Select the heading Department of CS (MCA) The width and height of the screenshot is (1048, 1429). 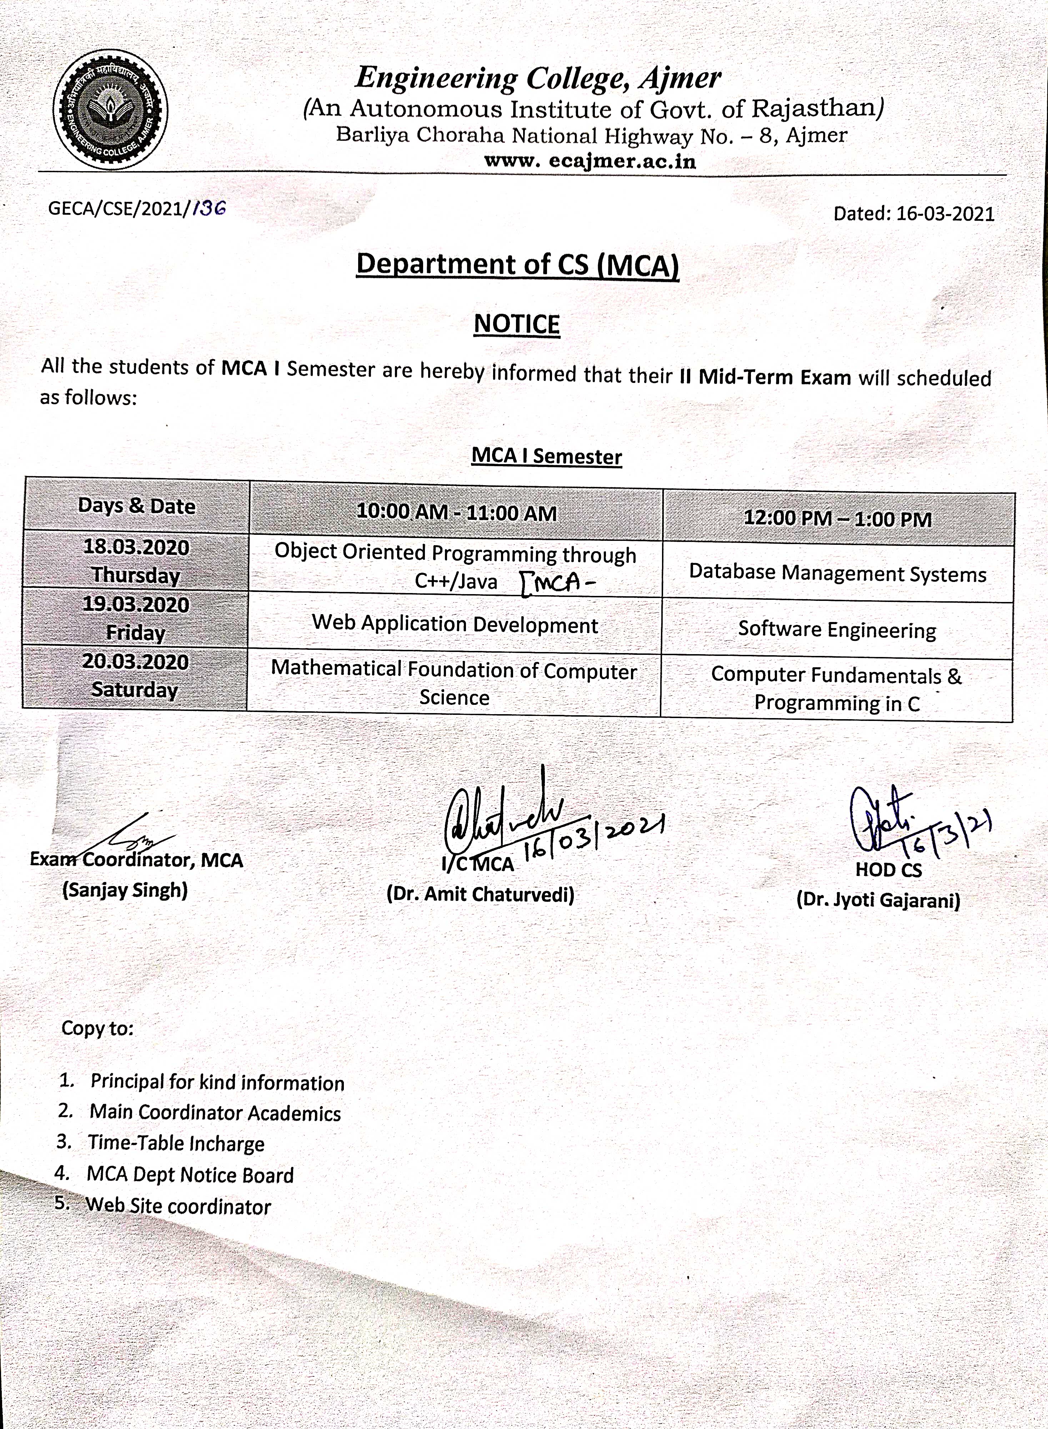[x=517, y=265]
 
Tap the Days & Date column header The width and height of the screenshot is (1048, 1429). [x=136, y=506]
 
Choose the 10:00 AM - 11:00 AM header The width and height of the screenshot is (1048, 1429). [x=456, y=512]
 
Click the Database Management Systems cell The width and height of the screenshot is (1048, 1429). [x=837, y=574]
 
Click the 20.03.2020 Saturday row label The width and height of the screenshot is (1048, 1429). [x=135, y=676]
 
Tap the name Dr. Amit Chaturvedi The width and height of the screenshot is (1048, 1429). [x=480, y=895]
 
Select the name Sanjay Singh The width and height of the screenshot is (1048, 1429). [x=125, y=890]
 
